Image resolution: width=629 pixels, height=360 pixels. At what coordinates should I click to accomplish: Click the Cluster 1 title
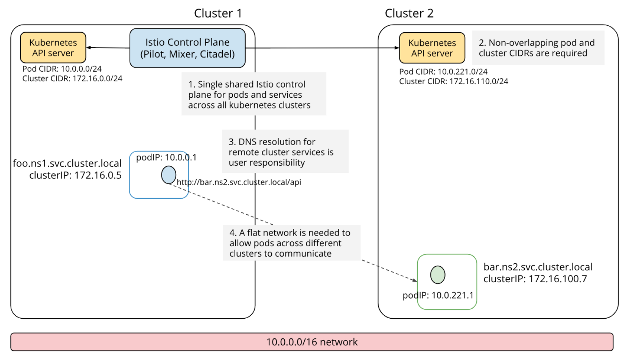coord(217,13)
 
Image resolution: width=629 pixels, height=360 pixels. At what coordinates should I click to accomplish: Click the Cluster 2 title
coord(409,13)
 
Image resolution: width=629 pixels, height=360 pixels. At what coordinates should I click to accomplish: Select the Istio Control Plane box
coord(188,48)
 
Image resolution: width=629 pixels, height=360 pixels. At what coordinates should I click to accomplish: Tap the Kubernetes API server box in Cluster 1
coord(53,48)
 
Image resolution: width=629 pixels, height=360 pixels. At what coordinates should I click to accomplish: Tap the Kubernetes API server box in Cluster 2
coord(432,48)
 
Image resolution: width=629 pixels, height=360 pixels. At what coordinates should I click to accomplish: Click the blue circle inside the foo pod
coord(169,175)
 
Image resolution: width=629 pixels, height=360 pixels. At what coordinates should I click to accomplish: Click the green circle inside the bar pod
coord(438,275)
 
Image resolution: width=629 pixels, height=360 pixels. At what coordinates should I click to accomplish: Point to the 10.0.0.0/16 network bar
coord(311,342)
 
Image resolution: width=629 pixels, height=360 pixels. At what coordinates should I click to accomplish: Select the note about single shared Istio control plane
coord(253,94)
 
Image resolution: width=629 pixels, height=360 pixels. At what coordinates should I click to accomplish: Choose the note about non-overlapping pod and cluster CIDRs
coord(538,48)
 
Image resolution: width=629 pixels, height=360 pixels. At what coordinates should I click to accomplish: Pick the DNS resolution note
coord(285,152)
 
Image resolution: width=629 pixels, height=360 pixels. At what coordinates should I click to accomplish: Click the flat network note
coord(291,243)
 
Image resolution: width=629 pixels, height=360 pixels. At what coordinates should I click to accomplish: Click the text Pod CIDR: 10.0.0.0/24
coord(62,69)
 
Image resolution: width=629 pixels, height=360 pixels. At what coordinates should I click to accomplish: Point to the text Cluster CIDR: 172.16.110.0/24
coord(453,81)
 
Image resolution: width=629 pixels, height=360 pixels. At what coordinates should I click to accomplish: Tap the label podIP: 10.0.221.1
coord(438,295)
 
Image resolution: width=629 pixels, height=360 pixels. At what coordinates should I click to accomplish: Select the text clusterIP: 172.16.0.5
coord(75,175)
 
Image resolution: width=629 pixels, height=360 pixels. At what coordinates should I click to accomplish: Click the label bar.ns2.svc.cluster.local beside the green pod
coord(538,267)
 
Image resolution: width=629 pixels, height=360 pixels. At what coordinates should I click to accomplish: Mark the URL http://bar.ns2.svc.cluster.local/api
coord(239,182)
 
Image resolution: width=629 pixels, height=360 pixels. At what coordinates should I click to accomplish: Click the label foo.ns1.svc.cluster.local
coord(67,163)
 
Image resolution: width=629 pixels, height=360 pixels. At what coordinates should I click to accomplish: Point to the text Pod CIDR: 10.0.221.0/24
coord(443,72)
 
